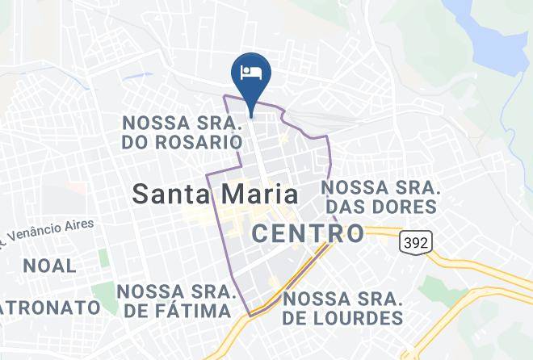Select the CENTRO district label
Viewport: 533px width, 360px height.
coord(308,234)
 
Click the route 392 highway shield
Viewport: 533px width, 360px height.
coord(415,241)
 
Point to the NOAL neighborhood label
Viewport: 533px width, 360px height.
coord(50,266)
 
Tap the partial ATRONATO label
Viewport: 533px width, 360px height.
coord(50,308)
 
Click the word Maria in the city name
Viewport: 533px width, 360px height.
coord(258,195)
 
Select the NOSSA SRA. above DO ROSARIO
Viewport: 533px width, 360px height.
coord(182,123)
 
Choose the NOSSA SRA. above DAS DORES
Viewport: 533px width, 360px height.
coord(380,187)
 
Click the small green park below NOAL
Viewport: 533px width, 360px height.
coord(103,291)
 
